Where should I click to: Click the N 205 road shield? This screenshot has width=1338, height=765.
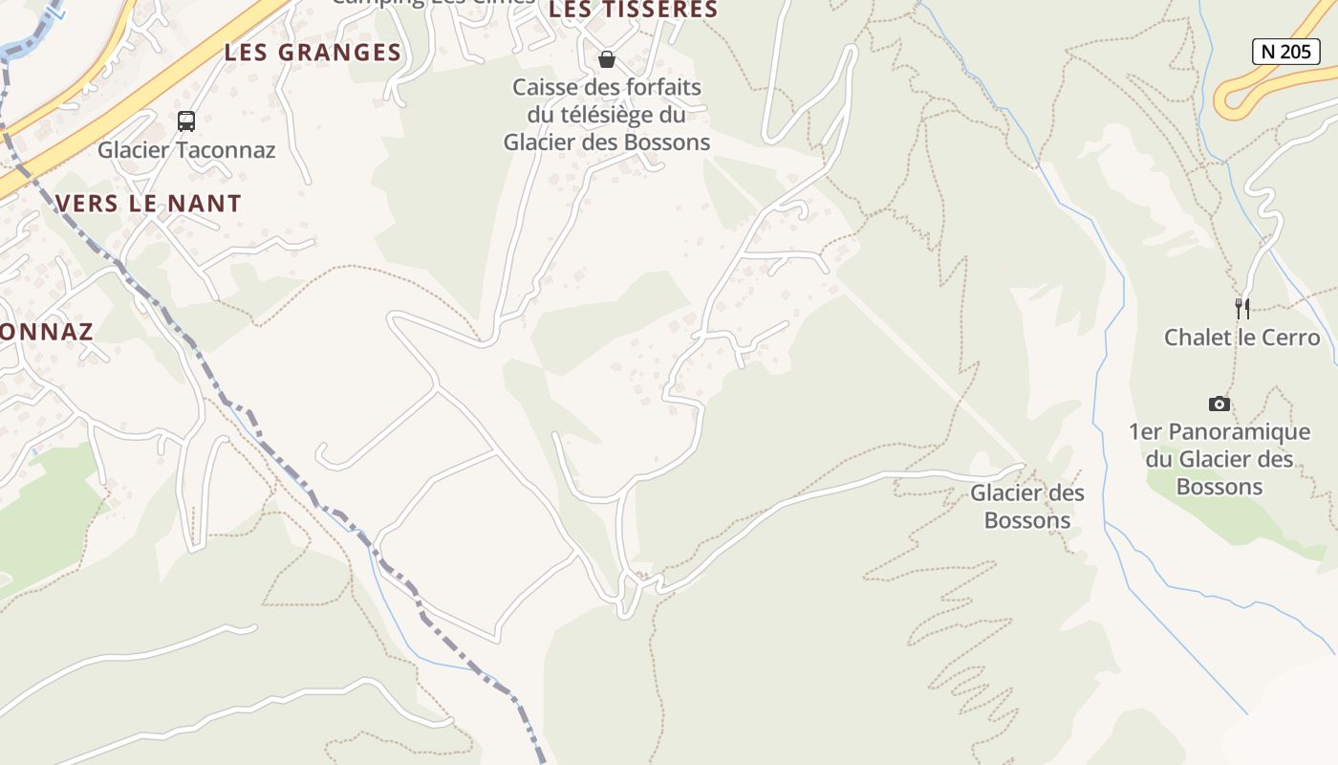coord(1285,52)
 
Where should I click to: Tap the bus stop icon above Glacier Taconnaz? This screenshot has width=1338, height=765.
coord(186,121)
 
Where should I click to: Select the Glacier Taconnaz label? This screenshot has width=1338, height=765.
coord(186,150)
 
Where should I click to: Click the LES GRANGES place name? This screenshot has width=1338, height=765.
coord(313,53)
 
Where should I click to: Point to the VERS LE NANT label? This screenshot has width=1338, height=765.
coord(148,203)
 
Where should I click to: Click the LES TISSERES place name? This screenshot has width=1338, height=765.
coord(633,11)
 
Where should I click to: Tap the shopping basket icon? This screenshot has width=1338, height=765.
coord(606,60)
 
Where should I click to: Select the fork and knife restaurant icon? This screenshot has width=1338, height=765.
coord(1241,308)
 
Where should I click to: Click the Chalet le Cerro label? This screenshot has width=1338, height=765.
coord(1241,338)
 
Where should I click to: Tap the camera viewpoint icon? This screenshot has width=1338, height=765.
coord(1219,404)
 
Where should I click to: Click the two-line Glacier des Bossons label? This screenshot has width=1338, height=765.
coord(1027,507)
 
